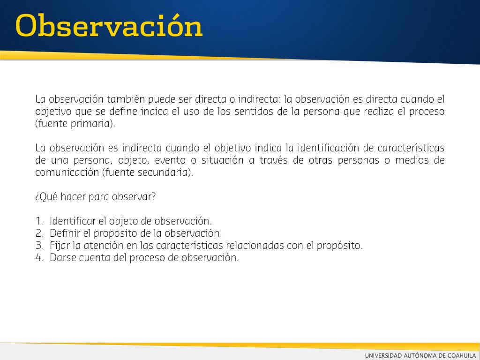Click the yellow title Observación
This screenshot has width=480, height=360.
tap(109, 25)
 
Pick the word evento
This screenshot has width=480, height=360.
tap(170, 160)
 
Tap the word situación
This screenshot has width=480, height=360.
tap(222, 160)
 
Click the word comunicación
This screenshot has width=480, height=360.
tap(67, 172)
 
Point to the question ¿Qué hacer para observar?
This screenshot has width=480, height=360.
tap(96, 197)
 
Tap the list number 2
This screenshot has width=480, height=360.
tap(40, 233)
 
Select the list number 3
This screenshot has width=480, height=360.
tap(40, 246)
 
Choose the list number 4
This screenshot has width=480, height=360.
tap(40, 258)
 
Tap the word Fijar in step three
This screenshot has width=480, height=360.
tap(60, 246)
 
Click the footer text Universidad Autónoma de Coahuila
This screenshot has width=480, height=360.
tap(420, 355)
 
